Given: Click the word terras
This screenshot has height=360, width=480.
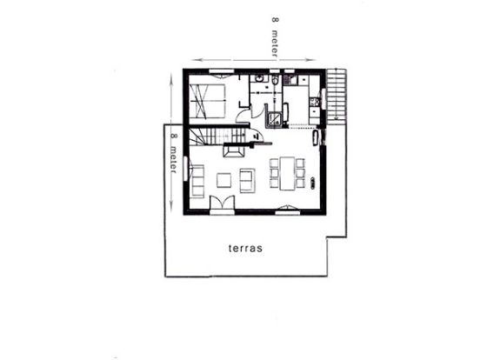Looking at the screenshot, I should [x=246, y=247].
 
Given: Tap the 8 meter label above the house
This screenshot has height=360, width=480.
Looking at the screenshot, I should [x=276, y=38].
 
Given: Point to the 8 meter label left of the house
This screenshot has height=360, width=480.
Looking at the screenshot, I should [x=174, y=155].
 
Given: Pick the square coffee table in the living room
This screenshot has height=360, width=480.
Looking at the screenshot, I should [x=223, y=179].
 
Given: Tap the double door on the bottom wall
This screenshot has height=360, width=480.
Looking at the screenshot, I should [x=221, y=204].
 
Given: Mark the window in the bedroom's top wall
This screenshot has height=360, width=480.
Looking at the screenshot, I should [x=220, y=70].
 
